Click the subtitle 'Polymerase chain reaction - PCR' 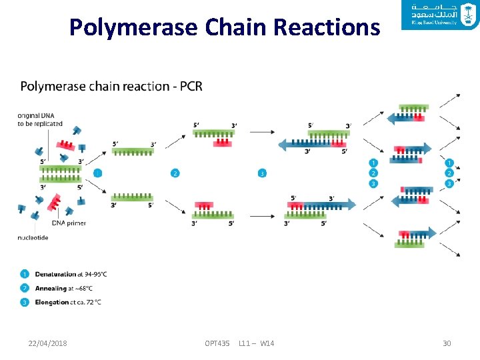pos(111,86)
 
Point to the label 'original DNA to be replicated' pos(40,119)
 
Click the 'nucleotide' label pos(33,238)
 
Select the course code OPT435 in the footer pos(217,343)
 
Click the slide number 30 pos(447,343)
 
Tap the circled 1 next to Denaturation pos(25,274)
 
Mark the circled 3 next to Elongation pos(25,302)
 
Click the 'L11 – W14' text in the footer pos(256,343)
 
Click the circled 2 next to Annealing pos(25,288)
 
